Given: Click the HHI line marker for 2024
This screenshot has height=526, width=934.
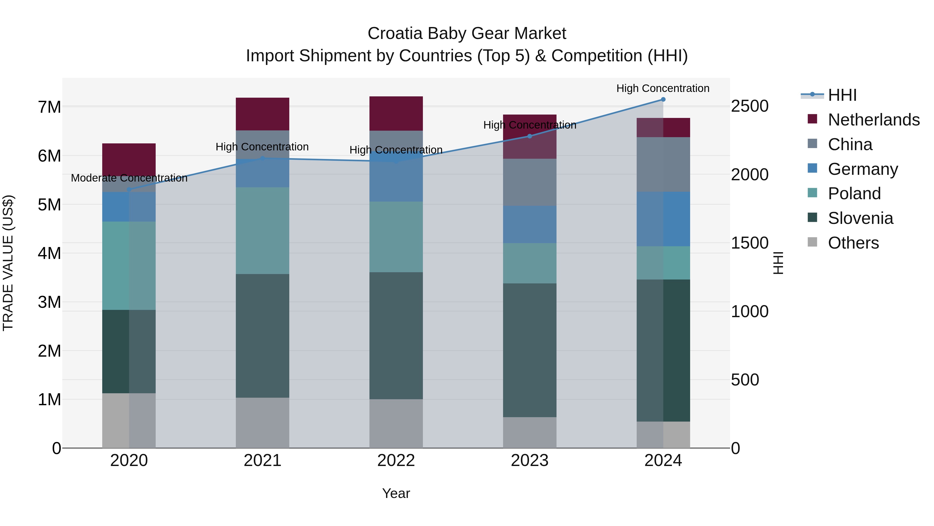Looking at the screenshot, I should tap(663, 99).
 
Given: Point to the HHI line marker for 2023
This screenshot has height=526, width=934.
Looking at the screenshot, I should tap(529, 136).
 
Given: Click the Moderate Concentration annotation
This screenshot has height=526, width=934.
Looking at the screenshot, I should tap(129, 178).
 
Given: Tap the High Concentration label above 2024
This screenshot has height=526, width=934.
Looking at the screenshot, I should tap(663, 89).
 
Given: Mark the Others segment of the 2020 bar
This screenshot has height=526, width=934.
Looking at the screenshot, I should tap(129, 420).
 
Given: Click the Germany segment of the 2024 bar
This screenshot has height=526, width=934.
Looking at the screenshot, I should tap(663, 219).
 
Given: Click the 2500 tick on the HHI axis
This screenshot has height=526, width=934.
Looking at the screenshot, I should tap(750, 106).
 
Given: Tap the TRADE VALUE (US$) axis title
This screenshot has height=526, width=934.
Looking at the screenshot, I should tap(8, 263).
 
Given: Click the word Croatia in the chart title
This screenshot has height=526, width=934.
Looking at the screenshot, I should tap(395, 34).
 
